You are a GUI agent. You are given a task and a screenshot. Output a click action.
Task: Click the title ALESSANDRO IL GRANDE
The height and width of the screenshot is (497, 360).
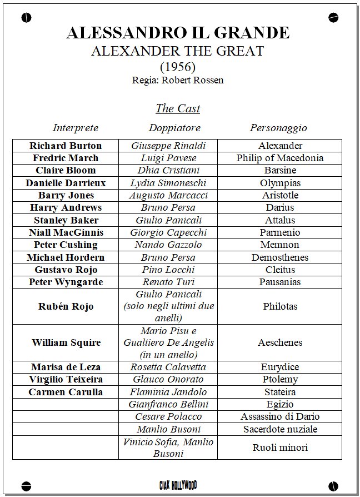click(x=178, y=33)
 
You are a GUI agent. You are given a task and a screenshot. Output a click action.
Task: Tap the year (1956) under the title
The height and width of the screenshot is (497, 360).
click(x=178, y=67)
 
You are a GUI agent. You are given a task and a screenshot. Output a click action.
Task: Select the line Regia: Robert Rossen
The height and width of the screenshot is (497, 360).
click(x=178, y=80)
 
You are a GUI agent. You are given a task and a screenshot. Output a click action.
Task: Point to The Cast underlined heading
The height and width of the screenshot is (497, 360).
click(x=178, y=108)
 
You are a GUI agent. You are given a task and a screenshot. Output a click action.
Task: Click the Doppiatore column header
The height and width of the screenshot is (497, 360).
click(x=174, y=128)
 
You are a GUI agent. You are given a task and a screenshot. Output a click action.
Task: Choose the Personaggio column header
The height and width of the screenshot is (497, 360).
click(x=278, y=128)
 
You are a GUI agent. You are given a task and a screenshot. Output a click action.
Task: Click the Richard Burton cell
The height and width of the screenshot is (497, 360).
click(x=66, y=146)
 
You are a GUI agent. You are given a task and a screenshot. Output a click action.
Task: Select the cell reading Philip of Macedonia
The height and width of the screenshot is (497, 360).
click(x=279, y=158)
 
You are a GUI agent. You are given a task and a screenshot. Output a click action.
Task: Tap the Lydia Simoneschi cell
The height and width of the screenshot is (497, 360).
click(x=168, y=183)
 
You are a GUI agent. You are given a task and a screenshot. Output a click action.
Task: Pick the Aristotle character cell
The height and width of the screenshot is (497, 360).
click(x=280, y=195)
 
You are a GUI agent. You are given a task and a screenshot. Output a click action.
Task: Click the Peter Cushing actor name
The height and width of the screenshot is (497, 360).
click(x=66, y=245)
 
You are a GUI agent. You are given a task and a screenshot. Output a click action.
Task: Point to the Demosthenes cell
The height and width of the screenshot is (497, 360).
click(x=279, y=257)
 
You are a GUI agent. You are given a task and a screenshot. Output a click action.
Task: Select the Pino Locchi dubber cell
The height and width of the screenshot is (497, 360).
click(x=168, y=270)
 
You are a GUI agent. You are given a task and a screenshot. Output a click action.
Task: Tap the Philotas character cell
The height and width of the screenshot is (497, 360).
click(x=280, y=306)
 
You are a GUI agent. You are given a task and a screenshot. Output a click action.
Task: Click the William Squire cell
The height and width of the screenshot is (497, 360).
click(x=66, y=342)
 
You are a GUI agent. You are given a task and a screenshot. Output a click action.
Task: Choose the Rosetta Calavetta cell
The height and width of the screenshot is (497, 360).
click(x=168, y=367)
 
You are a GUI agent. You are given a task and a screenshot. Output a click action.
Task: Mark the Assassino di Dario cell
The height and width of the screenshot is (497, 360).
click(x=280, y=416)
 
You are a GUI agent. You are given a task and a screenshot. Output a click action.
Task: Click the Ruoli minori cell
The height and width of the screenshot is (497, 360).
click(x=280, y=448)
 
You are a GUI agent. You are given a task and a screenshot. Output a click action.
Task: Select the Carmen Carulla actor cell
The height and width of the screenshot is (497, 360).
click(x=66, y=392)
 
